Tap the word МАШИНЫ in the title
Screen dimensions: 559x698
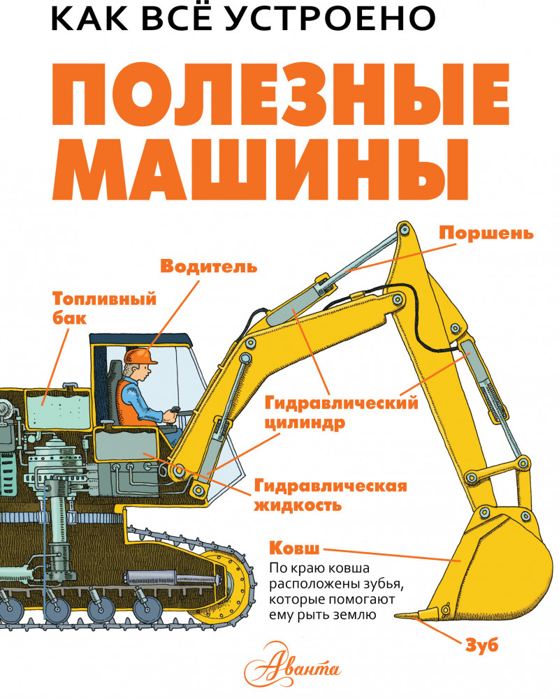(x=260, y=169)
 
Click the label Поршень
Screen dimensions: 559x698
(x=486, y=233)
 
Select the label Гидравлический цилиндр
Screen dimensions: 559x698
(x=342, y=413)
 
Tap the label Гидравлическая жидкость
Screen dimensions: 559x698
(x=331, y=496)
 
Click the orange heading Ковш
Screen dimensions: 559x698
(x=294, y=548)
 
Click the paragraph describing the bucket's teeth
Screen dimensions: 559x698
(x=332, y=592)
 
